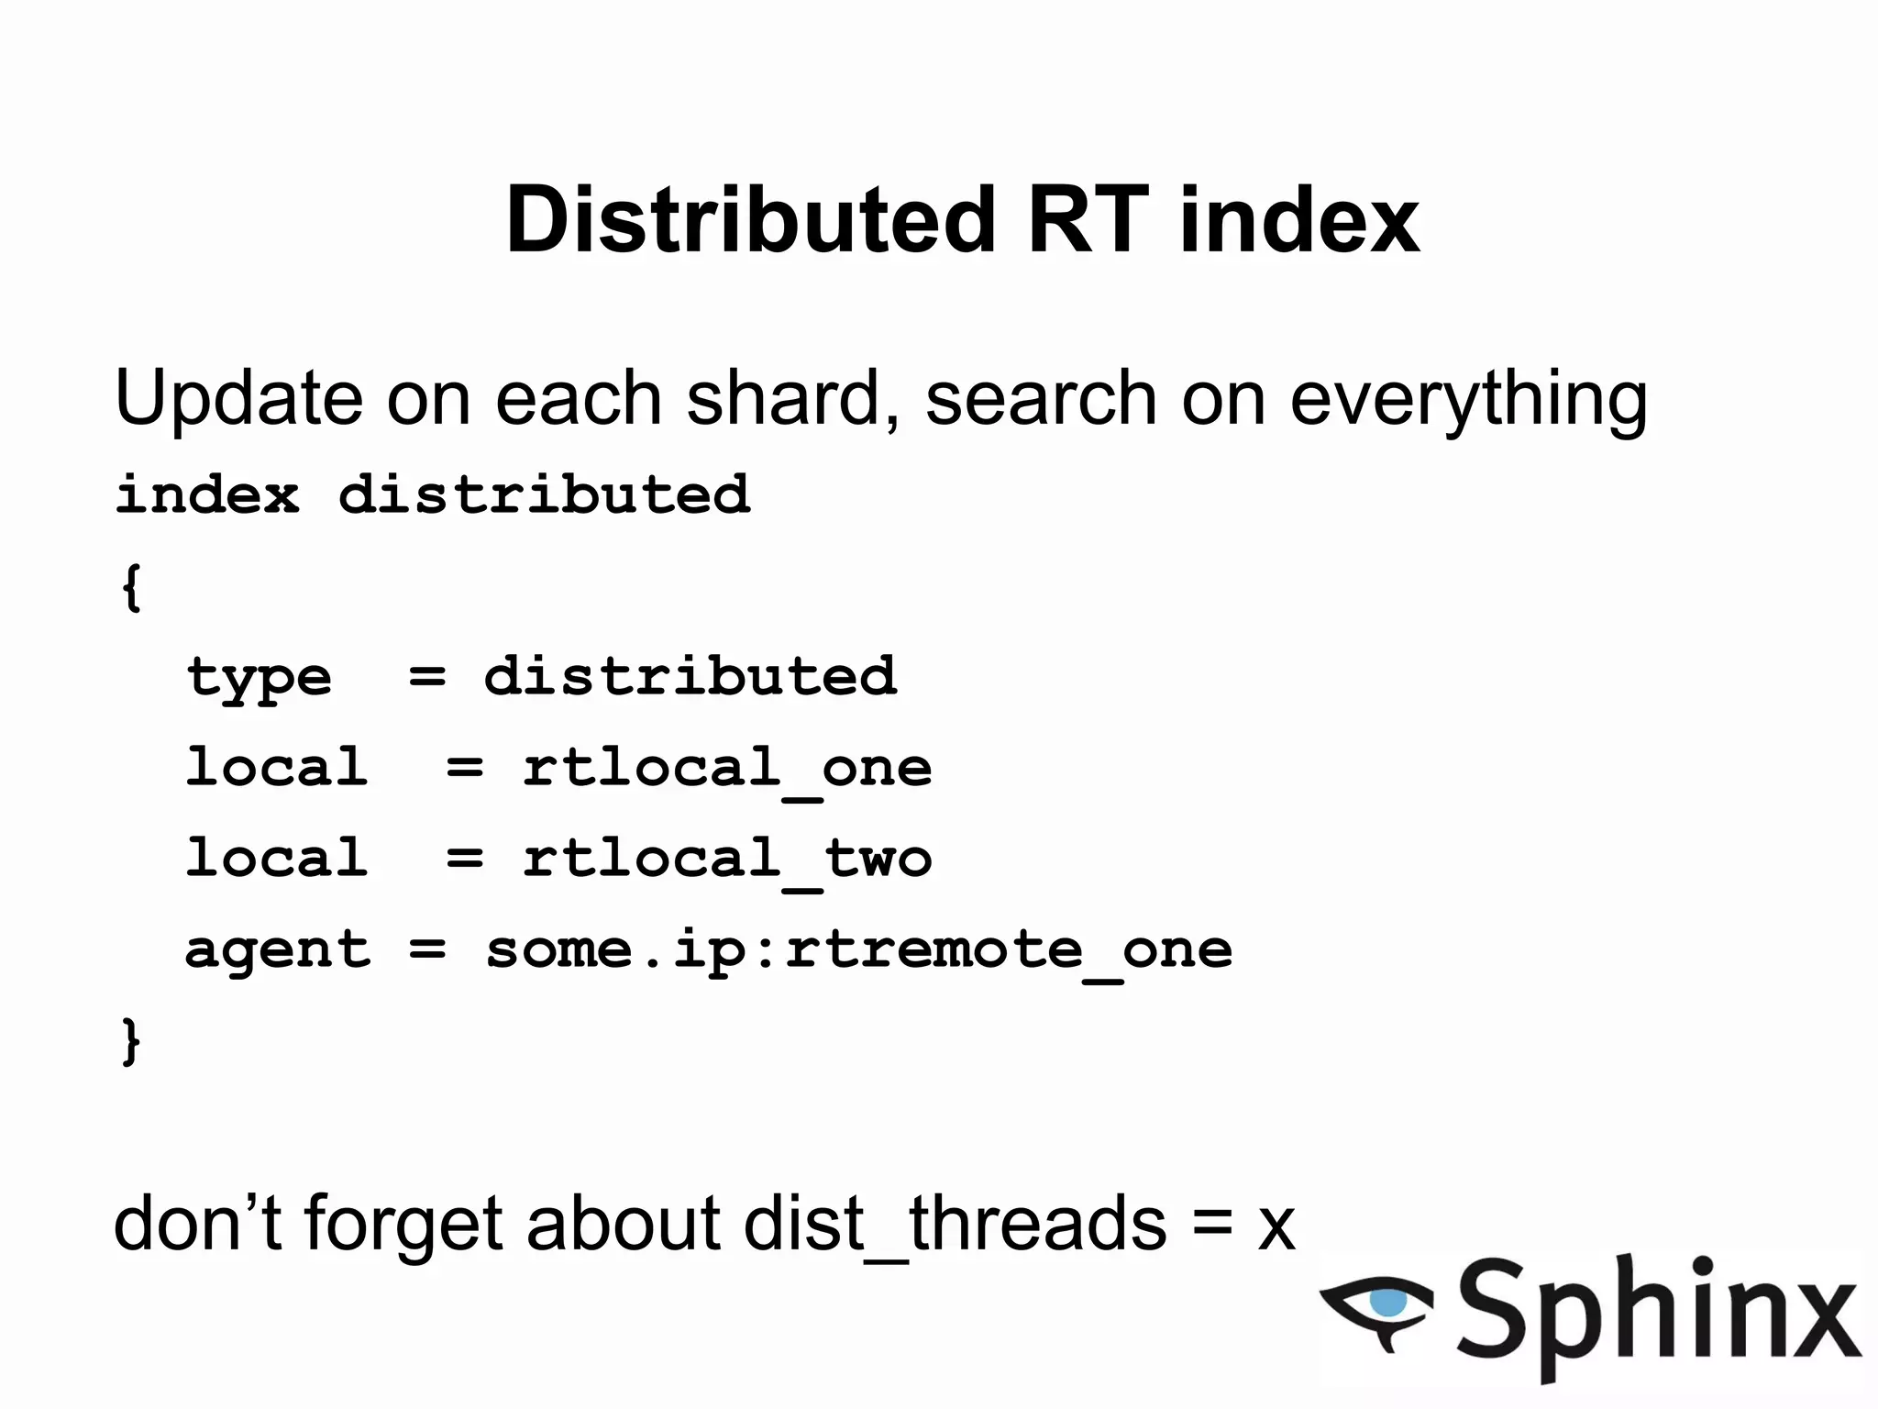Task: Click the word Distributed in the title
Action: point(750,220)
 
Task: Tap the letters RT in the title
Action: point(1088,220)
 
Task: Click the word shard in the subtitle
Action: point(793,399)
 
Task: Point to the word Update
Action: point(238,399)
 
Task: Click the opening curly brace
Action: point(132,587)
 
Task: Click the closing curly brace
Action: point(132,1041)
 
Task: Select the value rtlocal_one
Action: point(727,769)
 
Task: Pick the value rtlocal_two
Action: point(727,860)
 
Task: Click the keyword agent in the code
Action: point(278,950)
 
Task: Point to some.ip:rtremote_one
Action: point(858,950)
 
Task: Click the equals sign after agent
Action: point(427,949)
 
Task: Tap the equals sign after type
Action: point(427,677)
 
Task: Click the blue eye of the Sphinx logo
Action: point(1387,1301)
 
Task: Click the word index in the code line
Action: point(207,495)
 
